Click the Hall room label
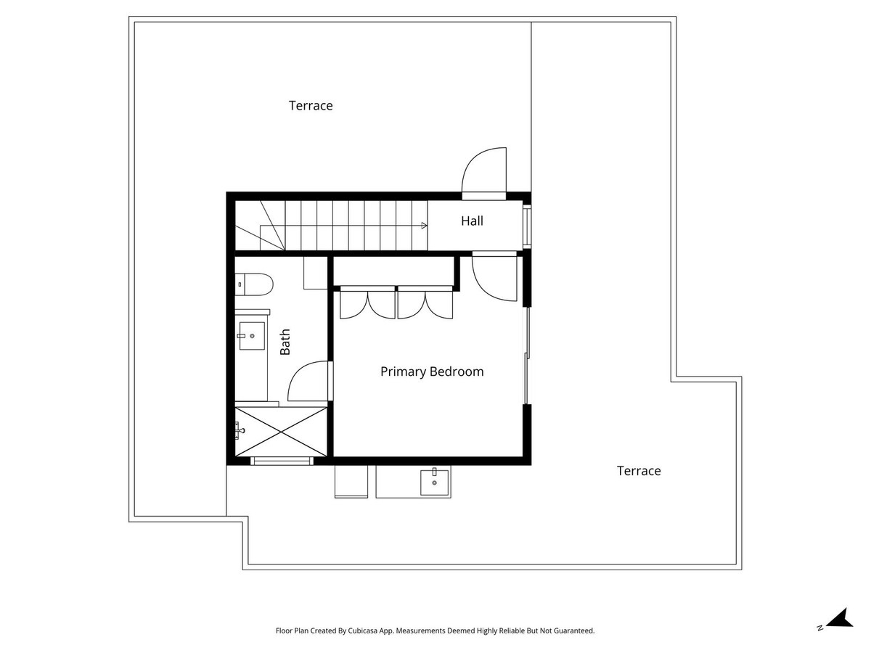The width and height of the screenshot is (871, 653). pyautogui.click(x=472, y=221)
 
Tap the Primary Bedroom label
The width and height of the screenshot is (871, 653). pyautogui.click(x=432, y=371)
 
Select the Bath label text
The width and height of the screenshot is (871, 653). pyautogui.click(x=285, y=342)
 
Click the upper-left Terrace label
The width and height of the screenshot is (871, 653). pyautogui.click(x=311, y=106)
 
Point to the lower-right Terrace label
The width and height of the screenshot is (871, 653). pyautogui.click(x=639, y=471)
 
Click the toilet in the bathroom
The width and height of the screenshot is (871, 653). pyautogui.click(x=253, y=284)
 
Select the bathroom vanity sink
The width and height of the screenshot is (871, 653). pyautogui.click(x=251, y=336)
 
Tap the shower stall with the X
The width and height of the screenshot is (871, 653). pyautogui.click(x=281, y=432)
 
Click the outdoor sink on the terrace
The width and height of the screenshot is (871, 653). pyautogui.click(x=434, y=482)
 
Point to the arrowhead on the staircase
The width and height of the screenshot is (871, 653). pyautogui.click(x=423, y=226)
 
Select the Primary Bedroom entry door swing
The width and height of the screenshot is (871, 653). pyautogui.click(x=494, y=277)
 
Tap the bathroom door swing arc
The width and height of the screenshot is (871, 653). pyautogui.click(x=308, y=382)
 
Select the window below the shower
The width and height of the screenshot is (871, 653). pyautogui.click(x=282, y=461)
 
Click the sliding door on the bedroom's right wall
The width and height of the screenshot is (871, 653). pyautogui.click(x=526, y=356)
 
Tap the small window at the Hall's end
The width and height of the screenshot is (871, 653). pyautogui.click(x=528, y=224)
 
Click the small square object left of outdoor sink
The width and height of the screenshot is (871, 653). pyautogui.click(x=351, y=482)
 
